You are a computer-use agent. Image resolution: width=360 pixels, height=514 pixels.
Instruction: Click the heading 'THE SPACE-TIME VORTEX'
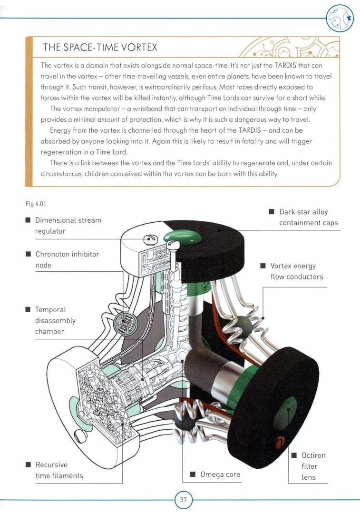click(x=100, y=48)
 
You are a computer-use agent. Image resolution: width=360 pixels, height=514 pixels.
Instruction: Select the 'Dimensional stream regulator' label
click(x=68, y=226)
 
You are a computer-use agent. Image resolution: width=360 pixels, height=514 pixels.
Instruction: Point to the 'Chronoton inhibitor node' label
click(x=67, y=259)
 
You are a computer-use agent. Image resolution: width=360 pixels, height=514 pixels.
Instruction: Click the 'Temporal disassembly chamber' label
click(x=55, y=320)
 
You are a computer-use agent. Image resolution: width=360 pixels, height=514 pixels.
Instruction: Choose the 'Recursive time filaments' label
click(x=59, y=470)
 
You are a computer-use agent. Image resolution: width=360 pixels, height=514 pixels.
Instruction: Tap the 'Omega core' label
click(x=220, y=474)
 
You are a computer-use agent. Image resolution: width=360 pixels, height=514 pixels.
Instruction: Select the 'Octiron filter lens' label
click(x=309, y=466)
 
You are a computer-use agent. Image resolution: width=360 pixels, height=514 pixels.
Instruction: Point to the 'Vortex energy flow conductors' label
click(x=297, y=271)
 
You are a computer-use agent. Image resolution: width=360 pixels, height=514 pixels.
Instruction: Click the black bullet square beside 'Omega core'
click(x=193, y=474)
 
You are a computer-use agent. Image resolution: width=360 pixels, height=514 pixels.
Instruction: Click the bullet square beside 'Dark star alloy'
click(x=271, y=212)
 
